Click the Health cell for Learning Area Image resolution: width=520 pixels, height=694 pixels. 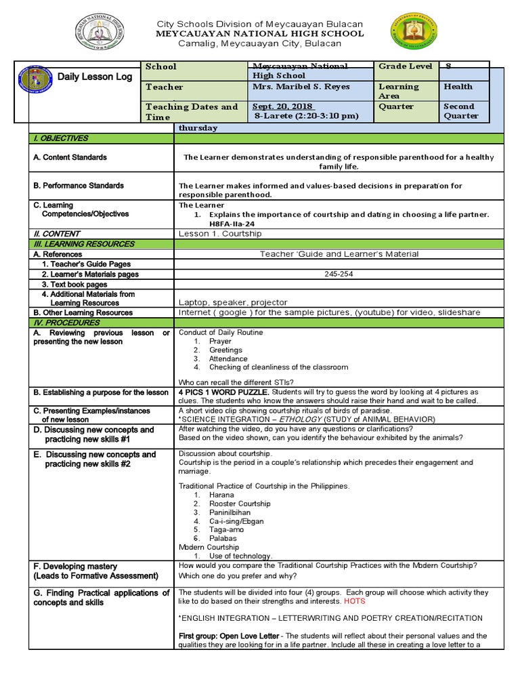tap(458, 87)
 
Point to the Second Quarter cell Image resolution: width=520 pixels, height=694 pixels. tap(460, 111)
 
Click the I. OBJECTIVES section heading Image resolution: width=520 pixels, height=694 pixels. tap(61, 138)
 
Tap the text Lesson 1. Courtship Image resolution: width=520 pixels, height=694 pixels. tap(219, 234)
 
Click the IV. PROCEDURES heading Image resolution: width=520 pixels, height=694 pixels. tap(63, 323)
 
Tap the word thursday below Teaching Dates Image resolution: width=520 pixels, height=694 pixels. tap(198, 128)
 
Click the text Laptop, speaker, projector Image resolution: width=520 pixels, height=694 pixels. tap(233, 302)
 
